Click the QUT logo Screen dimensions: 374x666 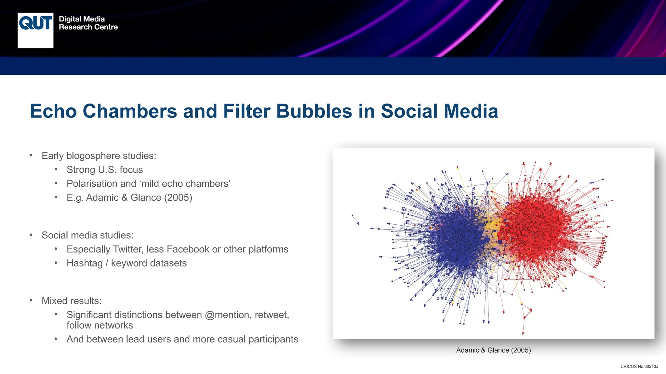pos(35,30)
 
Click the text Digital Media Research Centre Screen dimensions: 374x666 pos(88,23)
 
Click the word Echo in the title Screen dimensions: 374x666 pos(53,111)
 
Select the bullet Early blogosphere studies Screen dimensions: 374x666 pos(99,156)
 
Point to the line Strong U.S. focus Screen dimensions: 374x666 pos(104,170)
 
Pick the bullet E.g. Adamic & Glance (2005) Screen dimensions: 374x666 pos(129,198)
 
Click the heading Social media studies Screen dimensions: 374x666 pos(87,235)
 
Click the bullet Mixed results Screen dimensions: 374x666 pos(72,301)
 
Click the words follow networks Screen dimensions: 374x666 pos(100,325)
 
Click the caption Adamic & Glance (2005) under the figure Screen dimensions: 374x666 pos(493,350)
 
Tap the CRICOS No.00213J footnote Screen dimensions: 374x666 pos(639,367)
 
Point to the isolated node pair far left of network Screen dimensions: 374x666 pos(355,219)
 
